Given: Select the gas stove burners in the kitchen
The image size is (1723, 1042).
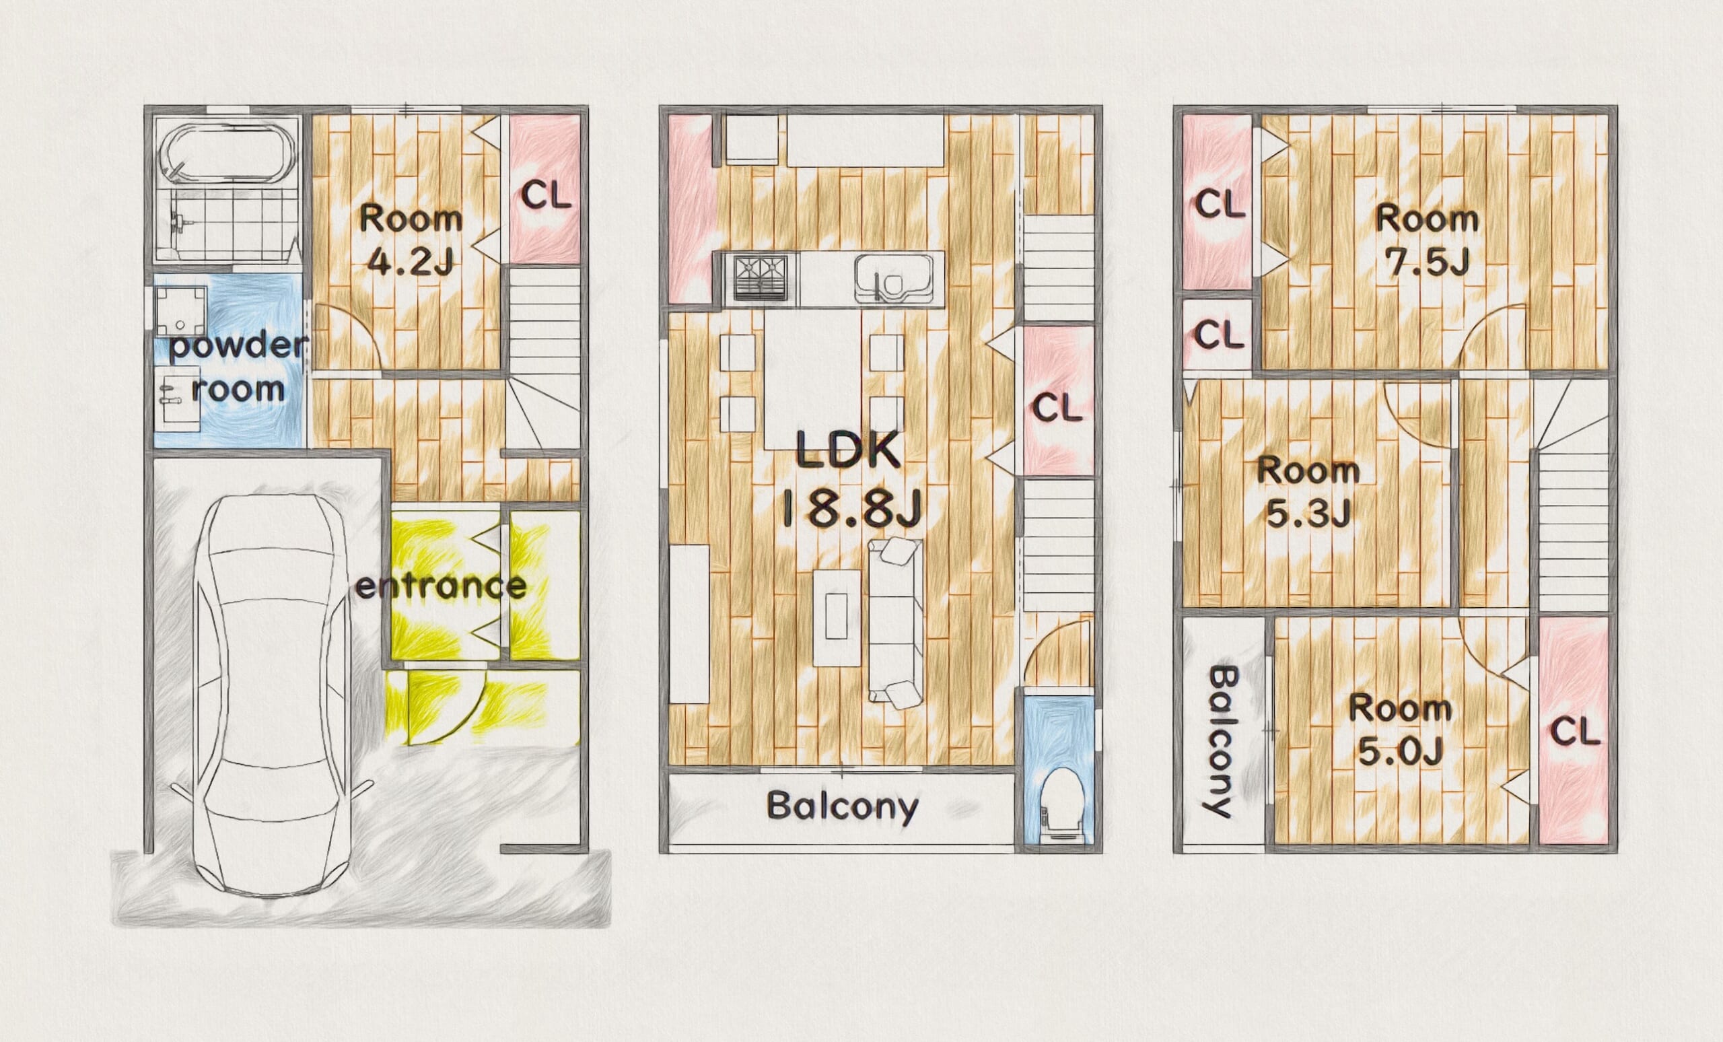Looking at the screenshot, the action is (x=761, y=278).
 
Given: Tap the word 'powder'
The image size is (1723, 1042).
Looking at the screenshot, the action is (x=238, y=346).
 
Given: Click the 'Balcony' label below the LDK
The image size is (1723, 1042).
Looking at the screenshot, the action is (x=842, y=806).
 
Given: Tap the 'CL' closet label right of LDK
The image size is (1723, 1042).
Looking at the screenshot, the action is (x=1057, y=407).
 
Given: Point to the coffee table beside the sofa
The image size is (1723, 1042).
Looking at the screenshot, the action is (x=837, y=617).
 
